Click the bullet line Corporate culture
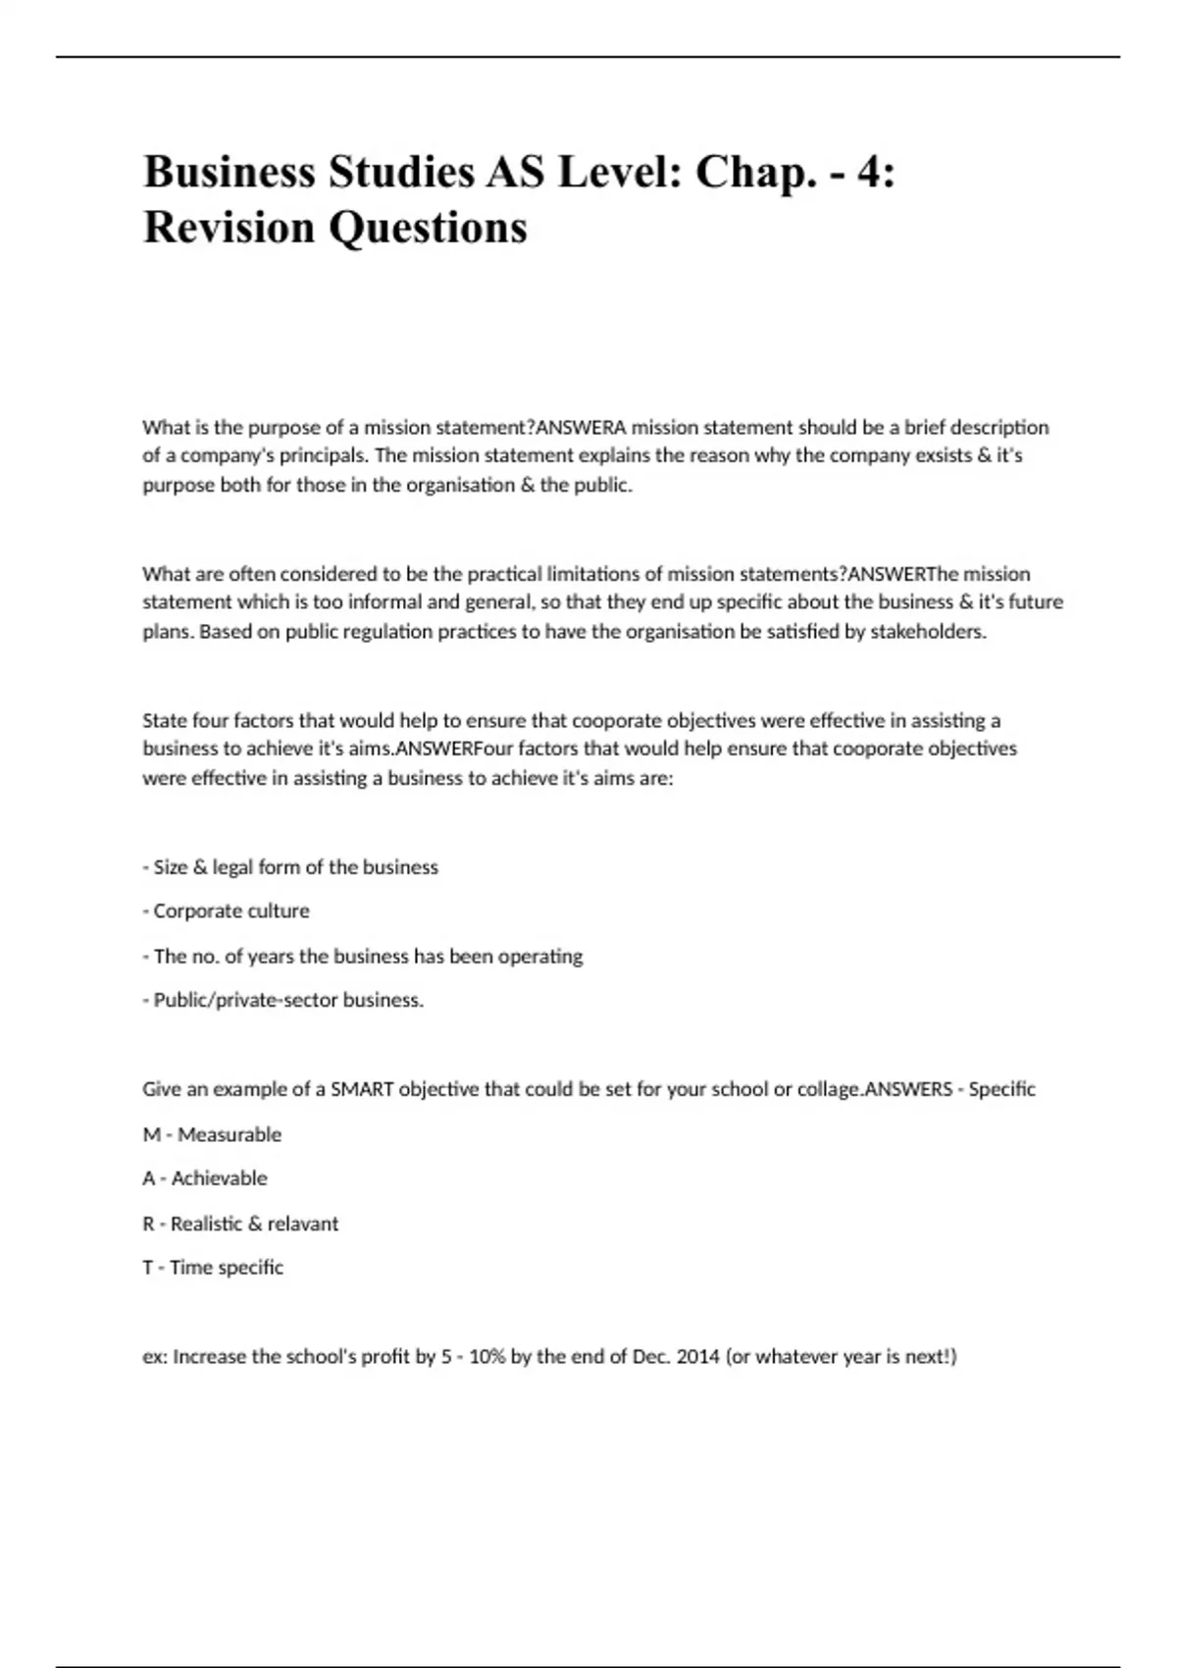point(227,911)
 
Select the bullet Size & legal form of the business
point(291,867)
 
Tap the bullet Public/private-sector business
point(283,1001)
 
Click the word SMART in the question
point(362,1089)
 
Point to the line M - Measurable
point(212,1134)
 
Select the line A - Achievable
point(205,1178)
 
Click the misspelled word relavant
point(303,1224)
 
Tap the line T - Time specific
point(213,1268)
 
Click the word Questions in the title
point(429,228)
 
